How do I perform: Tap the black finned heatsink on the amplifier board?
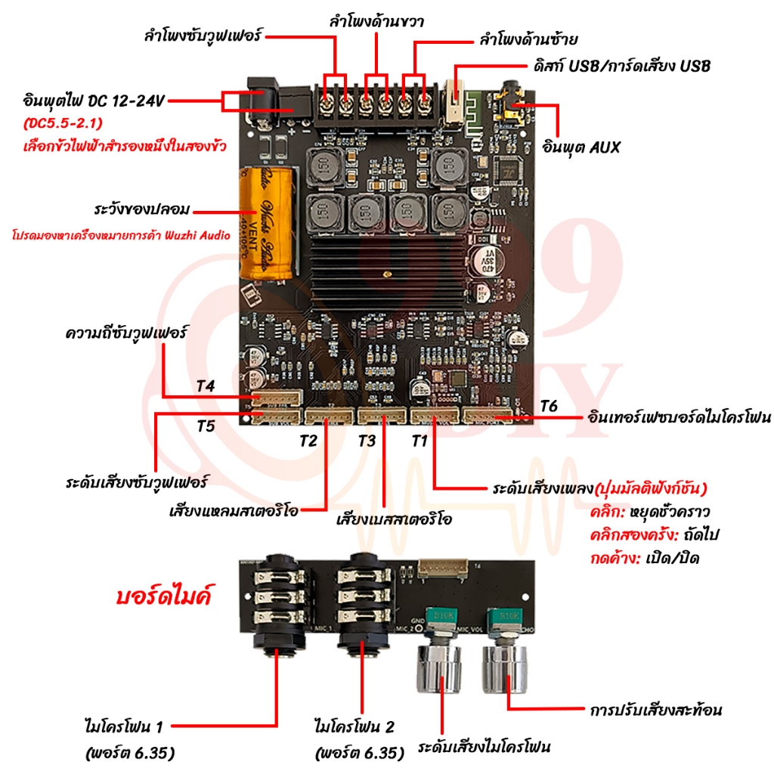point(389,273)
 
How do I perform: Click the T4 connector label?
point(206,386)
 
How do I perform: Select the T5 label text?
point(206,426)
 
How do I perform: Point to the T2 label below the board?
point(308,441)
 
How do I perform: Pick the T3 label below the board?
point(367,441)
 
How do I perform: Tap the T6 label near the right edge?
point(549,406)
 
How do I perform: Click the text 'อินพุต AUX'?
point(580,147)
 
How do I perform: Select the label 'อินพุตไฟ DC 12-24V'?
point(93,101)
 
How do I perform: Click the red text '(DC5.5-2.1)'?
point(63,123)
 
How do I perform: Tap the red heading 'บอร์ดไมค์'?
point(163,596)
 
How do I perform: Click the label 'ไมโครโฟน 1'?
point(123,726)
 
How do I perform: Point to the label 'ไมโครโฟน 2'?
point(354,726)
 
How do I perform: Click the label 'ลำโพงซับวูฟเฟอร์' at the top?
point(203,36)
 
